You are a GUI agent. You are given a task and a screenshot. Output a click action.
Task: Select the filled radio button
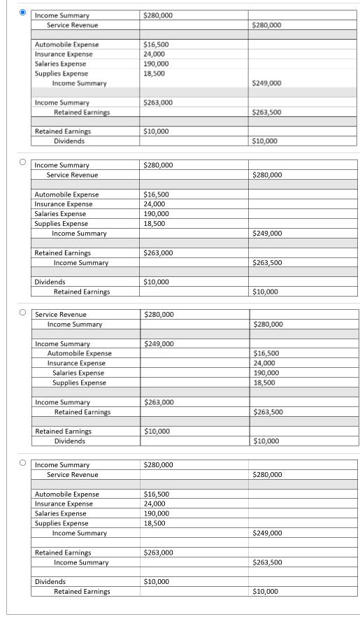tap(23, 12)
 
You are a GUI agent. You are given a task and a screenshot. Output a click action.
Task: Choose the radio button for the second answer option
tap(23, 162)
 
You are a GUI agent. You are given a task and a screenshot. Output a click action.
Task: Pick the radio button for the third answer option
tap(23, 311)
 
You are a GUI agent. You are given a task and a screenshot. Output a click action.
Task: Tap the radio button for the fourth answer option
tap(23, 462)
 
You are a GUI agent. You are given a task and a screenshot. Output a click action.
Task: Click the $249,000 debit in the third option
tap(158, 343)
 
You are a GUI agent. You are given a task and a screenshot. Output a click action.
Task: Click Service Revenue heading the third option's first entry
tap(61, 315)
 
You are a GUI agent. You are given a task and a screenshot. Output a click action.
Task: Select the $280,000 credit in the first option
tap(266, 25)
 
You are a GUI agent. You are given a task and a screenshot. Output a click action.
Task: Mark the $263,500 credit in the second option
tap(267, 262)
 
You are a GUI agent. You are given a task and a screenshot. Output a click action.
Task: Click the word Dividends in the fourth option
tap(50, 581)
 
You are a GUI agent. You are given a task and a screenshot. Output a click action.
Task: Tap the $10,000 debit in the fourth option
tap(155, 581)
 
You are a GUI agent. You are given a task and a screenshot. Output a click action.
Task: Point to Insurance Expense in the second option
tap(63, 204)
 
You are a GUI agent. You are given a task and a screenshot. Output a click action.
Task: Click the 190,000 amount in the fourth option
tap(156, 513)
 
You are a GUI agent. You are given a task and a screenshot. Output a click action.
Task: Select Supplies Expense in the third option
tap(79, 383)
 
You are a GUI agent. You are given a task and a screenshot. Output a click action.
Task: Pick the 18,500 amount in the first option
tap(154, 73)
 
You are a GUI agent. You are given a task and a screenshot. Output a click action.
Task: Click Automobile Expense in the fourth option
tap(66, 494)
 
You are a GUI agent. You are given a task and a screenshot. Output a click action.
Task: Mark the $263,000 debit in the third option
tap(158, 402)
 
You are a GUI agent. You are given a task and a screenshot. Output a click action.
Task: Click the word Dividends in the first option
tap(69, 141)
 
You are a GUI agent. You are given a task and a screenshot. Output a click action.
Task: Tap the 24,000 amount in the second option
tap(154, 204)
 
